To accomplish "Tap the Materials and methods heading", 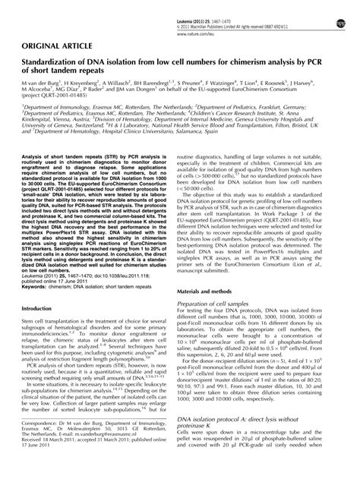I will point(215,270).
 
